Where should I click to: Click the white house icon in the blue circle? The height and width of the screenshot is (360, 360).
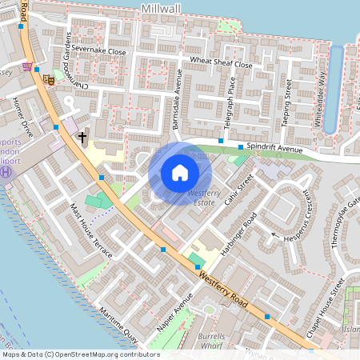pos(180,172)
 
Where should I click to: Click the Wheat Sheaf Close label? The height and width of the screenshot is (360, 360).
pos(222,64)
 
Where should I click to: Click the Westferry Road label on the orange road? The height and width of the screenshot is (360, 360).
pos(226,290)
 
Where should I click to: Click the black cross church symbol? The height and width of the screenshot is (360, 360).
pos(82,138)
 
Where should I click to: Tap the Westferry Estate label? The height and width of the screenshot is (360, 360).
pos(205,197)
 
